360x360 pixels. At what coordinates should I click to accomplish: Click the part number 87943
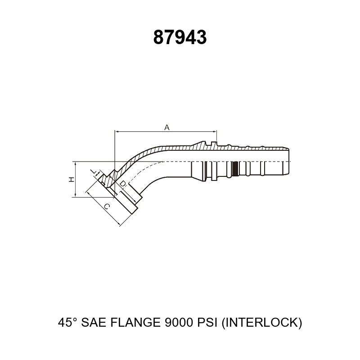pos(180,37)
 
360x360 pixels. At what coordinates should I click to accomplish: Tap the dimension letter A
pos(167,127)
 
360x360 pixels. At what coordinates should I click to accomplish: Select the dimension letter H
pos(72,179)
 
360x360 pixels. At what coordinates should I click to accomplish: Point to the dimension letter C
pos(107,207)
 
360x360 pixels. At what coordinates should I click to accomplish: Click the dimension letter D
pos(123,184)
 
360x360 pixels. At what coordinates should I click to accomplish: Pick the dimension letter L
pos(94,171)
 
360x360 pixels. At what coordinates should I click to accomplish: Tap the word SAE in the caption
pos(94,322)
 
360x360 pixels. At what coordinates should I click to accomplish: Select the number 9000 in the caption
pos(178,322)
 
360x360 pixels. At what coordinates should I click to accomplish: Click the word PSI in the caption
pos(207,322)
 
